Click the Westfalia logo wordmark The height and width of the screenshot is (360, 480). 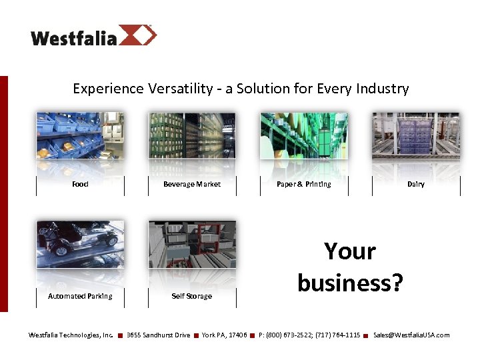[x=73, y=37]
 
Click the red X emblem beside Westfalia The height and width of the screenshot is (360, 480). [x=138, y=35]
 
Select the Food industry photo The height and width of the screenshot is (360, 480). [x=80, y=135]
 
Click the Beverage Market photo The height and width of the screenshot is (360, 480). [x=192, y=135]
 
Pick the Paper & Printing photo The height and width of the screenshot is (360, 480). [x=304, y=135]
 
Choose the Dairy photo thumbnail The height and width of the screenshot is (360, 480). [x=416, y=135]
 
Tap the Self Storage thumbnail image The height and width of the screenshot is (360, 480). [x=192, y=244]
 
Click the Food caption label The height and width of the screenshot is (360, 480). [x=80, y=184]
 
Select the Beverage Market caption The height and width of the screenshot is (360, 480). [x=192, y=184]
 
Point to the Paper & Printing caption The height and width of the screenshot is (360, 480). [x=304, y=184]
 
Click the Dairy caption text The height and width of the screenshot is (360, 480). [x=416, y=184]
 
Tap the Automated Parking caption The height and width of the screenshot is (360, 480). [x=80, y=296]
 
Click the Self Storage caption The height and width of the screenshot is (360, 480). [x=192, y=296]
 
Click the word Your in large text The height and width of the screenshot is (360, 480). [x=350, y=251]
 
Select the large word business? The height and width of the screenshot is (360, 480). [x=350, y=283]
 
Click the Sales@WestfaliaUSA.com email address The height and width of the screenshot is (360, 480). [x=411, y=335]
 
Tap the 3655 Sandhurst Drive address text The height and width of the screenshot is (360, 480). [x=158, y=335]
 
